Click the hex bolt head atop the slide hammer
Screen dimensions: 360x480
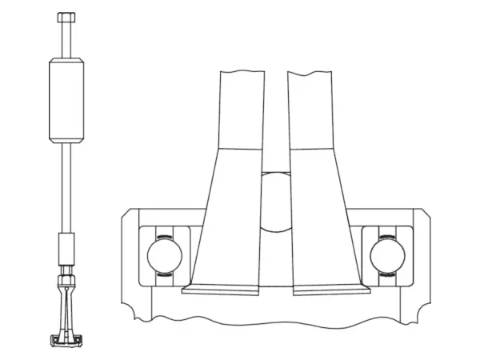[67, 17]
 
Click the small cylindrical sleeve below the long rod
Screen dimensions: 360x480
[67, 242]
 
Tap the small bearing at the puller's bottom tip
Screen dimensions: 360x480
[67, 342]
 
